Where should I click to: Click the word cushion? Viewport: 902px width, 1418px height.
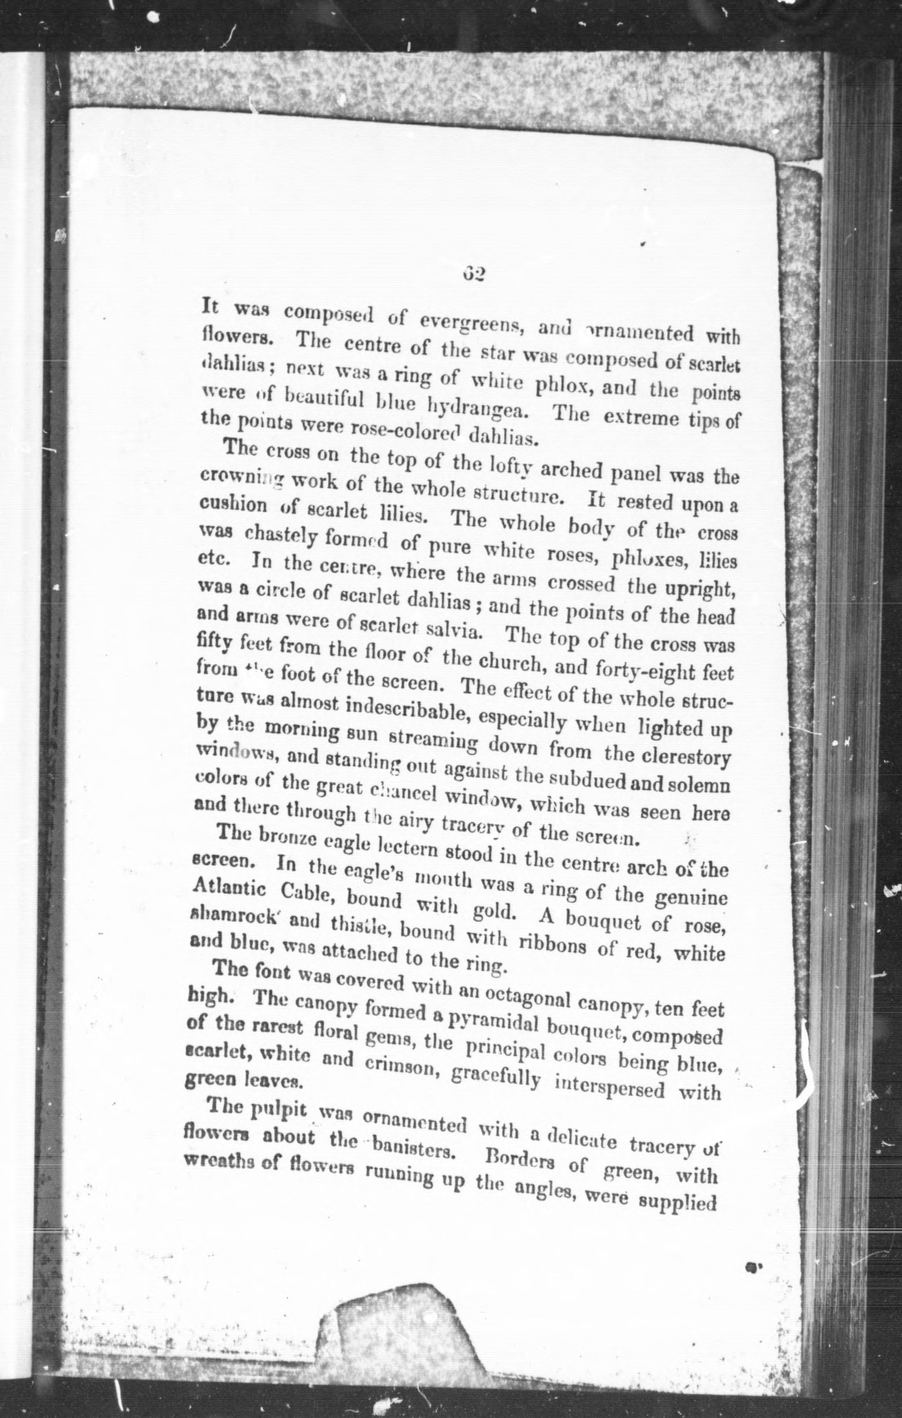point(235,505)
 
